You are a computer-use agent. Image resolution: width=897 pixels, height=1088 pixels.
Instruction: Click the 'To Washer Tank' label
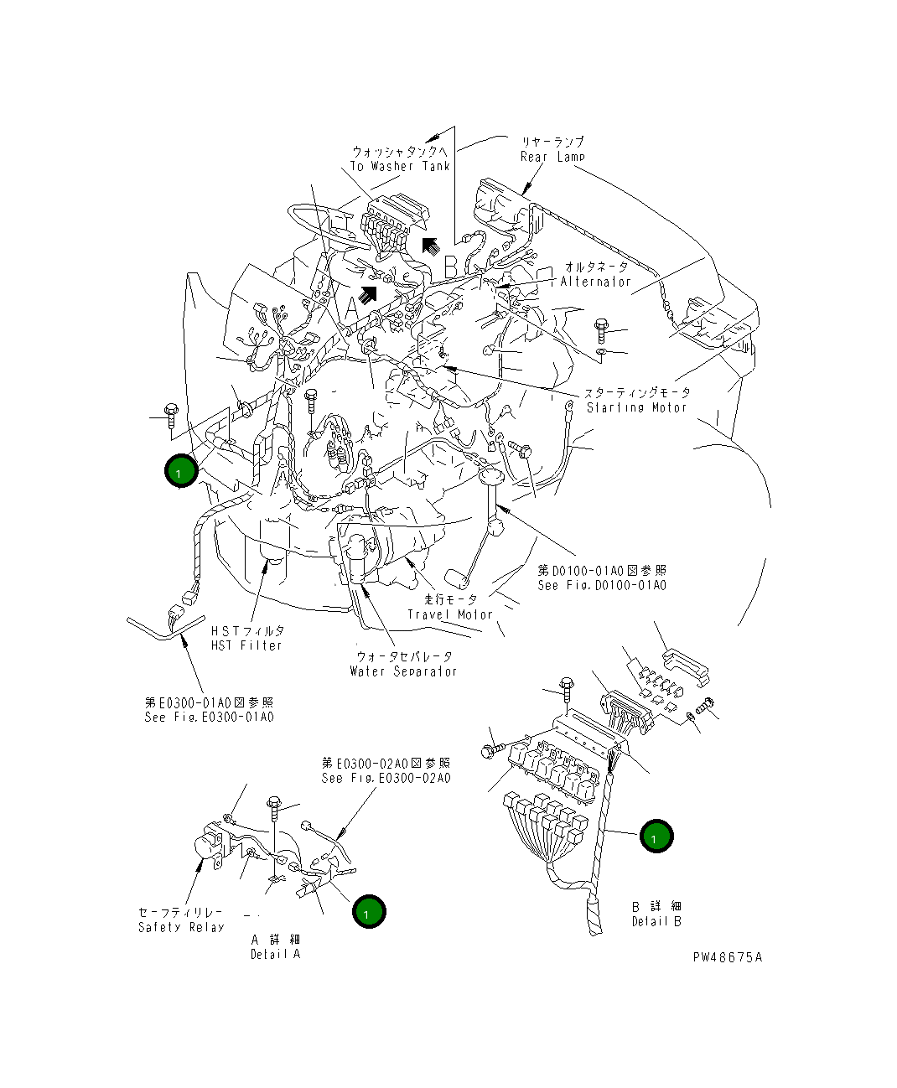pyautogui.click(x=400, y=166)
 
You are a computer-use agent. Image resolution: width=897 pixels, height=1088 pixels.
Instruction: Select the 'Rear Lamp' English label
pyautogui.click(x=552, y=157)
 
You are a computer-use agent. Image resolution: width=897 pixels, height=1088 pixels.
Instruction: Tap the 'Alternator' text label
pyautogui.click(x=595, y=282)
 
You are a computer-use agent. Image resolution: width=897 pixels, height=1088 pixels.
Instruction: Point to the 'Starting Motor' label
pyautogui.click(x=636, y=407)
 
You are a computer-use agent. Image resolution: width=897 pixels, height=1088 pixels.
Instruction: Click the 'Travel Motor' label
pyautogui.click(x=450, y=614)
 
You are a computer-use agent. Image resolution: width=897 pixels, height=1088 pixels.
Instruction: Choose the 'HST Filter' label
pyautogui.click(x=246, y=645)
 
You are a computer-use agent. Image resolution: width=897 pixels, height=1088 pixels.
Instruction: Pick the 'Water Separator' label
pyautogui.click(x=403, y=671)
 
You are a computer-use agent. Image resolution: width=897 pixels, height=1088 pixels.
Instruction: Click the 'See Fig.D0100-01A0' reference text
pyautogui.click(x=602, y=585)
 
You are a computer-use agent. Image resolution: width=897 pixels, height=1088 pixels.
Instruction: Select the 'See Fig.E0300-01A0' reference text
pyautogui.click(x=209, y=718)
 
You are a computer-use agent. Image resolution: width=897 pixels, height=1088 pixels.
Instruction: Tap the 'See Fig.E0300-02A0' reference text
pyautogui.click(x=386, y=778)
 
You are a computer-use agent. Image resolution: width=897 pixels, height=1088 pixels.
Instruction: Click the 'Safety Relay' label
pyautogui.click(x=181, y=927)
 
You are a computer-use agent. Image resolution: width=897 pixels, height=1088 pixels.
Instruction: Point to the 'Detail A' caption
pyautogui.click(x=274, y=954)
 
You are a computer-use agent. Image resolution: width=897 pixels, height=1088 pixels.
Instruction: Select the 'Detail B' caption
pyautogui.click(x=656, y=921)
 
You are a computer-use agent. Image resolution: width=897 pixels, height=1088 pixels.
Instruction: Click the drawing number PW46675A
pyautogui.click(x=727, y=957)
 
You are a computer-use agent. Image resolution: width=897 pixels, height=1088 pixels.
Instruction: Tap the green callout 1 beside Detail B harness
pyautogui.click(x=656, y=836)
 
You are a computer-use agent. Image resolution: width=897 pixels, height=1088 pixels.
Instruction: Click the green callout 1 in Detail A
pyautogui.click(x=369, y=911)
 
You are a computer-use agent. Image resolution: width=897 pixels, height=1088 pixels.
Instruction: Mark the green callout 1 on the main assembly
pyautogui.click(x=180, y=471)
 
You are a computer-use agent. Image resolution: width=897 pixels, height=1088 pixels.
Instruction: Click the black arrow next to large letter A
pyautogui.click(x=366, y=294)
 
